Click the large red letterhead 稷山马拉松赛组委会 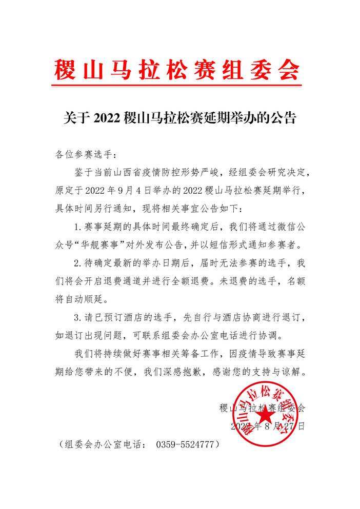(x=177, y=70)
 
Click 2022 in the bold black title (x=107, y=118)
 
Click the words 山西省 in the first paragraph (x=143, y=172)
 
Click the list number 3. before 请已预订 (x=77, y=318)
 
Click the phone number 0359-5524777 (x=185, y=444)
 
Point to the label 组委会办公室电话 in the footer (x=101, y=444)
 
